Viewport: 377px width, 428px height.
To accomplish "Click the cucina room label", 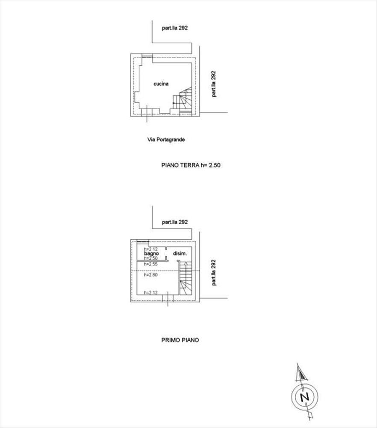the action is [x=161, y=83].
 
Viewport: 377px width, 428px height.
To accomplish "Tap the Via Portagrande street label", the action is [x=166, y=140].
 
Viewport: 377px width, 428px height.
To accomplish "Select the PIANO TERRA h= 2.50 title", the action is [x=191, y=165].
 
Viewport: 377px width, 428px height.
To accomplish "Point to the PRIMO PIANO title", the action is [x=180, y=340].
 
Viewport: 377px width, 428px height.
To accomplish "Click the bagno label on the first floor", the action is [x=151, y=253].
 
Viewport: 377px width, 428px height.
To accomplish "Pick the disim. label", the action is [x=180, y=253].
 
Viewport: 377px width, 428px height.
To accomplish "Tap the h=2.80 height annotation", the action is [x=151, y=275].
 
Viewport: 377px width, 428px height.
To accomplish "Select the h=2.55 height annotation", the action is [x=151, y=264].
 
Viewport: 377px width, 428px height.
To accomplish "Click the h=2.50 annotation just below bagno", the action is [x=151, y=258].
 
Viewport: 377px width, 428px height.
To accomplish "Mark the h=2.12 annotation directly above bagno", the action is [x=151, y=249].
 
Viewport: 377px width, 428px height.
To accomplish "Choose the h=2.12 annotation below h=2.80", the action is [x=151, y=293].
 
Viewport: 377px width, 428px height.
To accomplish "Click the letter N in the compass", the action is [x=304, y=397].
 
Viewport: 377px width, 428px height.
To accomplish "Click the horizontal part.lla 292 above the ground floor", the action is [x=175, y=28].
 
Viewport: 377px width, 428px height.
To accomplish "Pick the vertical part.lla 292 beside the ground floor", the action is [x=213, y=84].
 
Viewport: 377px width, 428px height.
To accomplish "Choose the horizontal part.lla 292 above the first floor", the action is [x=175, y=222].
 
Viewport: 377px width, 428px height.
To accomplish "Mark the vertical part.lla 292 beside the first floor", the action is [x=213, y=272].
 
